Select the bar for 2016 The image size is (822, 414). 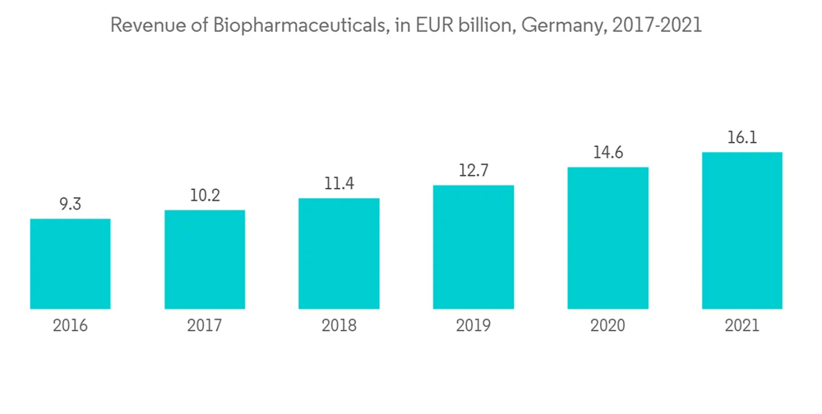(70, 264)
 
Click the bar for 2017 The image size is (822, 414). (205, 260)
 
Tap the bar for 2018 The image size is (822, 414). (339, 254)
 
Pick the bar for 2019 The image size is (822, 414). (473, 247)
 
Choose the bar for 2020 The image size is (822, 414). (607, 238)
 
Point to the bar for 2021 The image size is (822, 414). (742, 231)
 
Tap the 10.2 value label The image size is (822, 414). (205, 196)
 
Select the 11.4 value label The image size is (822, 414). (339, 185)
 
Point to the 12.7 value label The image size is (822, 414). (473, 172)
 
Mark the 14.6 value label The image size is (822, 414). (607, 154)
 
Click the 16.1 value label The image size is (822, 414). (742, 138)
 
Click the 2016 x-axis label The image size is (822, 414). (70, 326)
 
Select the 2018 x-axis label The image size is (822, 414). (339, 326)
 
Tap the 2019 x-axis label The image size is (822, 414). (473, 326)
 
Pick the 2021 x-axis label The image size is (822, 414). (742, 326)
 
